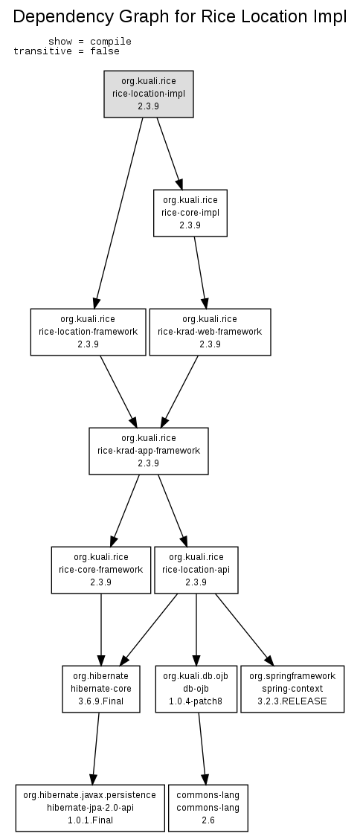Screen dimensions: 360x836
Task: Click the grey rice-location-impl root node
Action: [148, 94]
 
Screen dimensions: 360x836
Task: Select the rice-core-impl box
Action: [190, 213]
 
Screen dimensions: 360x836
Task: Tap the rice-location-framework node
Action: [88, 332]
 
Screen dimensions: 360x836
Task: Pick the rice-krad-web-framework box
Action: [210, 332]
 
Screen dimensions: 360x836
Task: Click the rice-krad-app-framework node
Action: [148, 451]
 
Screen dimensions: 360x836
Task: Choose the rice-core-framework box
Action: [101, 570]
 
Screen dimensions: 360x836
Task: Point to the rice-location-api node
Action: [196, 570]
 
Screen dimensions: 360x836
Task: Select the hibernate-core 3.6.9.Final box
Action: [101, 688]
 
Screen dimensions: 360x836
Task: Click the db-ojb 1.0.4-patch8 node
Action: [196, 688]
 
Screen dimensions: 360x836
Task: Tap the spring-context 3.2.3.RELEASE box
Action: [292, 688]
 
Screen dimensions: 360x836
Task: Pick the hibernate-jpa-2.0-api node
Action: [89, 808]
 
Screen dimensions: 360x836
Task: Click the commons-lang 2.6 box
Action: [208, 808]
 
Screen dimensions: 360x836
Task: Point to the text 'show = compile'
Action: [89, 42]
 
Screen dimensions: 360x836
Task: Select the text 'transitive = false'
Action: [66, 51]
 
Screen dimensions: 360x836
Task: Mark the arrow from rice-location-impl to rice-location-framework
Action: [118, 213]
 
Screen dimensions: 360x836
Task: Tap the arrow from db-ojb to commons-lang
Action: [202, 748]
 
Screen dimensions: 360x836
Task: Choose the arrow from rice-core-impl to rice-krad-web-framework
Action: [200, 272]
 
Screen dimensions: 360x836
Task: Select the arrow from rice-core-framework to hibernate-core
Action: [101, 629]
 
